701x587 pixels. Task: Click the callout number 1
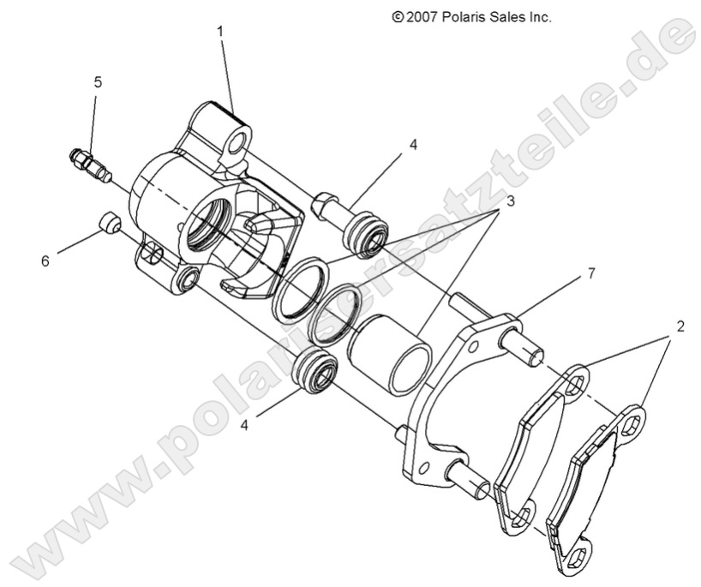pos(220,31)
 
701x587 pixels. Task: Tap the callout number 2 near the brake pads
pos(679,326)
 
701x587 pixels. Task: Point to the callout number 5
pos(98,82)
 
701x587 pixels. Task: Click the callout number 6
pos(45,261)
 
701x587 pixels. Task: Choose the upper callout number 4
pos(413,145)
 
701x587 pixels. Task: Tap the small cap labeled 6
pos(108,225)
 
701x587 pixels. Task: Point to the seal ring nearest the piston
pos(334,315)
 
